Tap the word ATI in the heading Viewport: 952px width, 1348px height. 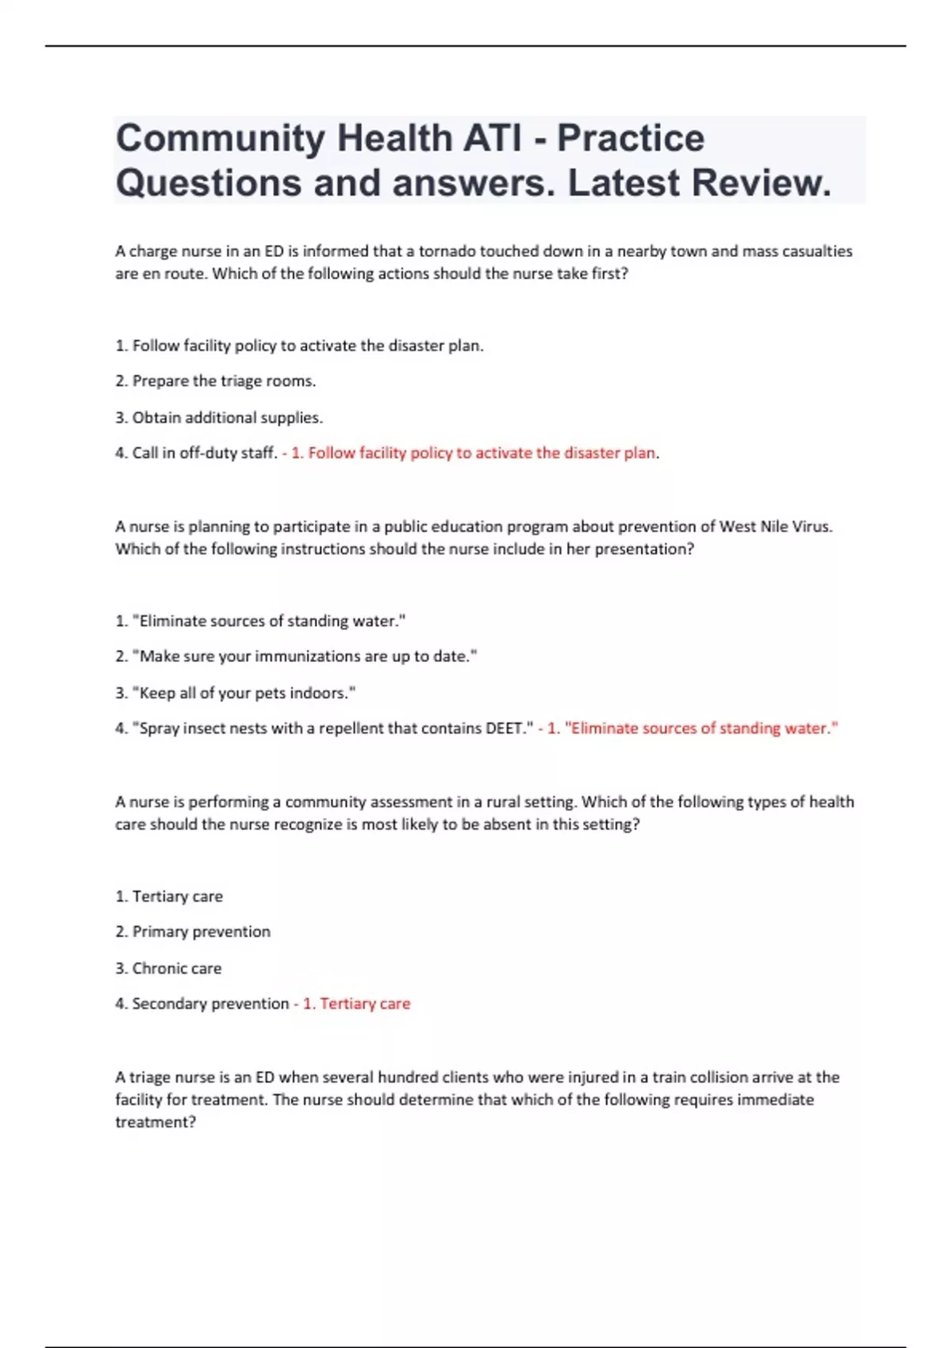pyautogui.click(x=493, y=139)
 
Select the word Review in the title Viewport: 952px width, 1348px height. pyautogui.click(x=760, y=183)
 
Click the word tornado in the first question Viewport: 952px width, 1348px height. pyautogui.click(x=447, y=251)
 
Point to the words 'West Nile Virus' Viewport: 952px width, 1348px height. pyautogui.click(x=775, y=527)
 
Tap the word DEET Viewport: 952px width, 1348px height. pyautogui.click(x=505, y=729)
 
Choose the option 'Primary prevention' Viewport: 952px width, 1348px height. pyautogui.click(x=201, y=932)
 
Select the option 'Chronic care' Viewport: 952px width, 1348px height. pyautogui.click(x=176, y=968)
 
